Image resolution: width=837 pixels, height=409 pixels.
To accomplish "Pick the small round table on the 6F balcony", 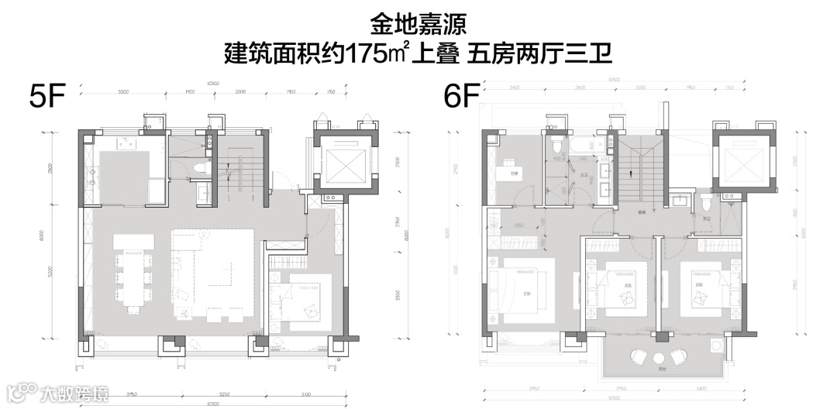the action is click(x=660, y=357).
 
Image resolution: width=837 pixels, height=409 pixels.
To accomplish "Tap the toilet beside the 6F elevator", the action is click(x=707, y=202).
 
